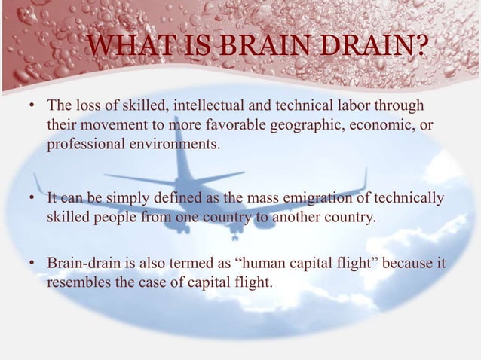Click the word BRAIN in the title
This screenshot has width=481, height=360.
(x=250, y=51)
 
